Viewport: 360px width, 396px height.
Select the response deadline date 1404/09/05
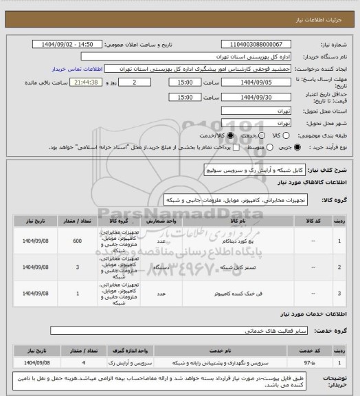click(x=263, y=82)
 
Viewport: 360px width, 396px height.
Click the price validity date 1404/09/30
click(x=263, y=98)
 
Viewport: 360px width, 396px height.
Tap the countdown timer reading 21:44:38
click(x=82, y=82)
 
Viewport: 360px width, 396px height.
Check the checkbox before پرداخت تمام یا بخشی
click(x=217, y=146)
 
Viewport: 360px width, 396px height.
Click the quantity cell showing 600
click(x=77, y=241)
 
